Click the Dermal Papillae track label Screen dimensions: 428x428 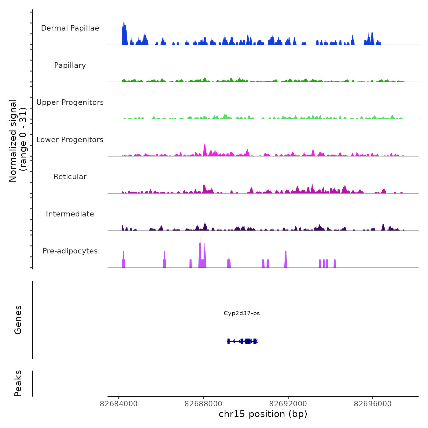coord(70,28)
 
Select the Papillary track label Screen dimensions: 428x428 coord(70,65)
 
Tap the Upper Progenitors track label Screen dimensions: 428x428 coord(70,102)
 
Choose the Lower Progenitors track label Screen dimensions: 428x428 coord(70,140)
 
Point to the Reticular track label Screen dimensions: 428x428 coord(70,177)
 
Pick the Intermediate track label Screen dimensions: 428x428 coord(70,214)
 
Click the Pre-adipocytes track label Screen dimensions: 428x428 coord(70,251)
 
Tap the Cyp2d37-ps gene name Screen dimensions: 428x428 coord(242,313)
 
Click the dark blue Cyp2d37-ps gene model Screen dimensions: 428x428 coord(243,341)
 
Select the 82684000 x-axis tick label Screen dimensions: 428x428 coord(119,404)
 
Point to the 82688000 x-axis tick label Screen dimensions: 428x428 coord(204,404)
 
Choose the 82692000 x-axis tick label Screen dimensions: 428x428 coord(288,404)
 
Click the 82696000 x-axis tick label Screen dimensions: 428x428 coord(373,404)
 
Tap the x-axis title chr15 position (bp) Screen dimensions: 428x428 coord(263,414)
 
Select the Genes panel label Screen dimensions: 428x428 coord(18,320)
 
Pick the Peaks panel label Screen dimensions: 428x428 coord(18,383)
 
